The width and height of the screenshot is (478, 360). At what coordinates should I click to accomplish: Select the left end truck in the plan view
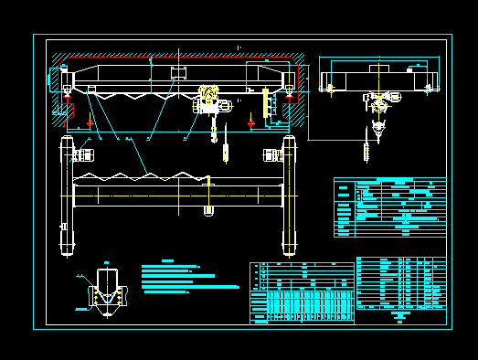point(66,196)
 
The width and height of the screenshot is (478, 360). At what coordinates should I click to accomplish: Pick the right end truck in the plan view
point(289,196)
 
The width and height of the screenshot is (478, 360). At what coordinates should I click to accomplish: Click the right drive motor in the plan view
point(271,154)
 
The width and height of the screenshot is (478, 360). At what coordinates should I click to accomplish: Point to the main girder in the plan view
point(178,196)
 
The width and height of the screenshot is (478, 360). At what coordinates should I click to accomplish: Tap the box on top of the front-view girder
point(178,72)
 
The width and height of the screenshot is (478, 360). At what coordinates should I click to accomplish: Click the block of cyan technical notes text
point(183,278)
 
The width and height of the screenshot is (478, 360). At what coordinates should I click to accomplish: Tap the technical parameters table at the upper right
point(390,207)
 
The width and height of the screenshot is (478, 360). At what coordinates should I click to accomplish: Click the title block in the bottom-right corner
point(402,316)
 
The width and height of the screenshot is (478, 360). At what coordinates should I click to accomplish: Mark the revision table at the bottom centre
point(302,294)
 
